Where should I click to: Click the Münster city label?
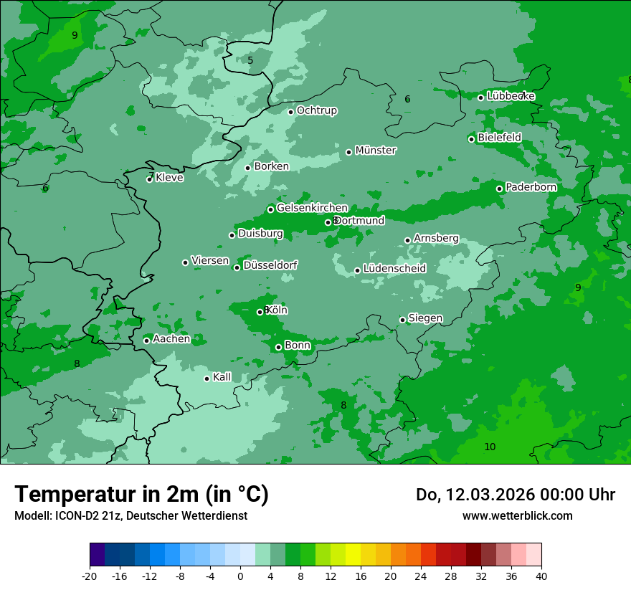376,151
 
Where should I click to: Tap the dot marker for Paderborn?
500,189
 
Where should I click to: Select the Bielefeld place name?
499,137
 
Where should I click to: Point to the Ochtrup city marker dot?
290,111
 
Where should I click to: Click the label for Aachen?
171,339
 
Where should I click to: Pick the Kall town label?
222,377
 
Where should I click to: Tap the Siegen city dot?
402,320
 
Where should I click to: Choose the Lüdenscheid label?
394,269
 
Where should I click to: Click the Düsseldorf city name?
270,265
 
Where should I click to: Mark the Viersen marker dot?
185,262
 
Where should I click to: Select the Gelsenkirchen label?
312,208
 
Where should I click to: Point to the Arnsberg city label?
436,238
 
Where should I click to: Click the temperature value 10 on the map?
490,447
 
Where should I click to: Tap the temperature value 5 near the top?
250,60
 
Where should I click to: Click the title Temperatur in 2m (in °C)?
141,494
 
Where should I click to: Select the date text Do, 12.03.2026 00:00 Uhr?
515,495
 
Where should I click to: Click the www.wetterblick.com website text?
517,515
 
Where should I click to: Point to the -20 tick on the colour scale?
90,576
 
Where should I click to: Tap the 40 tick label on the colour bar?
541,576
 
